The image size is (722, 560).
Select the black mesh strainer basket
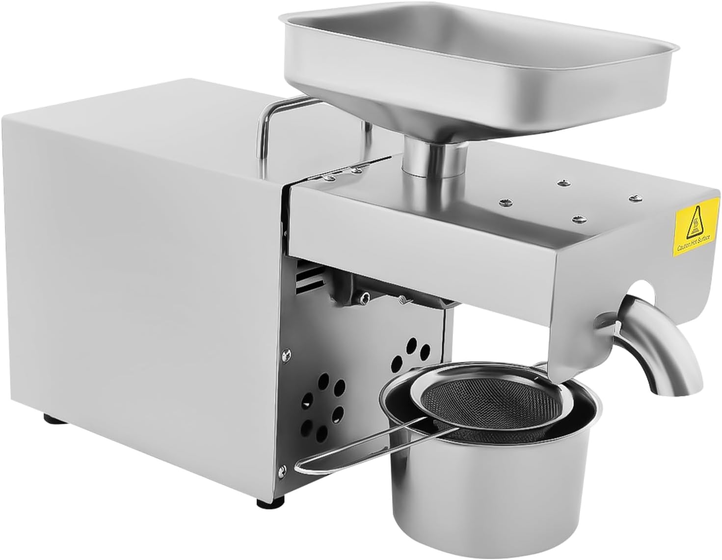click(475, 402)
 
